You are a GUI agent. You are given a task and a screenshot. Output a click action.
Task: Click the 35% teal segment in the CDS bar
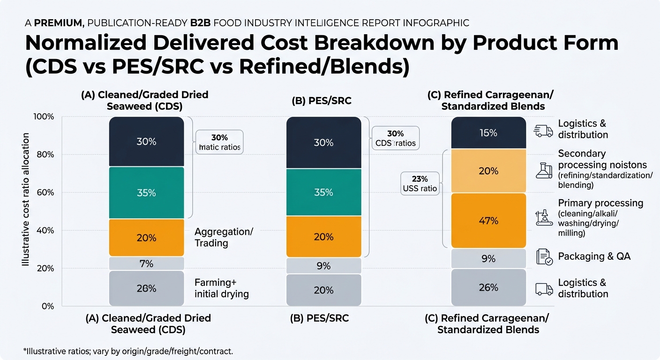[x=146, y=192]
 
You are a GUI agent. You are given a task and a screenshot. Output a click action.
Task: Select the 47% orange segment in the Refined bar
[x=488, y=220]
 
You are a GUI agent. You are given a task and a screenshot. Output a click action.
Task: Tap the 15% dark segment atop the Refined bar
[x=488, y=133]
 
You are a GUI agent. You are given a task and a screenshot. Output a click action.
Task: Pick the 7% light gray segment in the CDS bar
[x=146, y=263]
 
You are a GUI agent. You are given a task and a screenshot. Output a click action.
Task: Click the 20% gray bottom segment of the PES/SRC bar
[x=323, y=290]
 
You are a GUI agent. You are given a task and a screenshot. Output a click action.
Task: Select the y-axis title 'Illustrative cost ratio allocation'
[x=26, y=200]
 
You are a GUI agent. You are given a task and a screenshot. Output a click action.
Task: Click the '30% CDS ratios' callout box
[x=395, y=138]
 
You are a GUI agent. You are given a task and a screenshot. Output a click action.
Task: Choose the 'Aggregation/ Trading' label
[x=224, y=237]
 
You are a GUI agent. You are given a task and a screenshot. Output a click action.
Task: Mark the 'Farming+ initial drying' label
[x=221, y=288]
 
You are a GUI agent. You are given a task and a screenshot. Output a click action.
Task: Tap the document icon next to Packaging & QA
[x=544, y=257]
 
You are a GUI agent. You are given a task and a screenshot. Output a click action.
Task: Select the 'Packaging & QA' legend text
[x=594, y=256]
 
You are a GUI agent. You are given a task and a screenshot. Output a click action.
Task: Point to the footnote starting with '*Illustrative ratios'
[x=127, y=351]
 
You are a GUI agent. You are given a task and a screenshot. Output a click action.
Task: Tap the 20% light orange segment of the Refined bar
[x=488, y=171]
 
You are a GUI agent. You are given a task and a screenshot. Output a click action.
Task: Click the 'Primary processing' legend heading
[x=600, y=203]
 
